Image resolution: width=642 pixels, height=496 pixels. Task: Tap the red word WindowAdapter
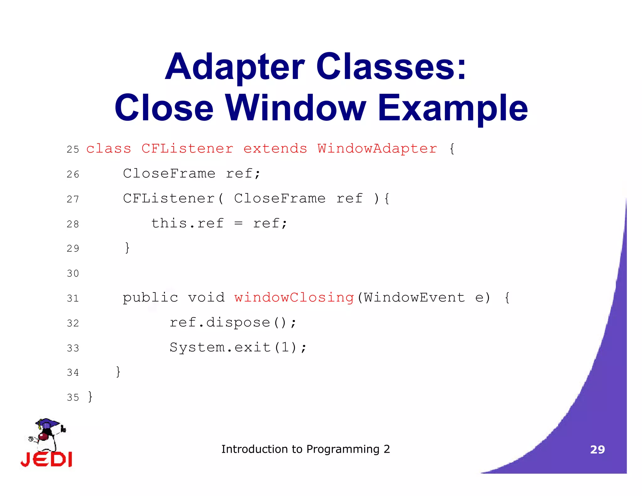pos(377,148)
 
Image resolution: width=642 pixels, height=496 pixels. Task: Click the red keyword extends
pos(275,148)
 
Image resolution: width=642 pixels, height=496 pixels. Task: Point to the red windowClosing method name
pos(294,298)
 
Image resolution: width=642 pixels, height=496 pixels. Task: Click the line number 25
pos(73,149)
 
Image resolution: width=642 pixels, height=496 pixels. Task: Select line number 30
pos(73,273)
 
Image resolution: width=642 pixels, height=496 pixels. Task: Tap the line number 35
pos(73,398)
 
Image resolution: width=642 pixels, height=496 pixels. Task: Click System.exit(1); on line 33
pos(238,347)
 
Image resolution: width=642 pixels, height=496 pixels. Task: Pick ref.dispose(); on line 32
pos(233,323)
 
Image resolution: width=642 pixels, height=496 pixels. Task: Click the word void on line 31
pos(206,298)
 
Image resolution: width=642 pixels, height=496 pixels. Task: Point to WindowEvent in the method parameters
pos(414,298)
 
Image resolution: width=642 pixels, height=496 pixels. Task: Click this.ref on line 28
pos(187,224)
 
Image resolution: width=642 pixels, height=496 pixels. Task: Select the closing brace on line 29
pos(127,248)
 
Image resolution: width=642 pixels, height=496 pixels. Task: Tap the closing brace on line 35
pos(90,397)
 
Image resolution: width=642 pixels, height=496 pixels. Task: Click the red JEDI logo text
pos(46,459)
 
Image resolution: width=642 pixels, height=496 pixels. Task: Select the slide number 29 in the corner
pos(597,450)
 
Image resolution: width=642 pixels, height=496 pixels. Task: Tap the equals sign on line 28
pos(239,224)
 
